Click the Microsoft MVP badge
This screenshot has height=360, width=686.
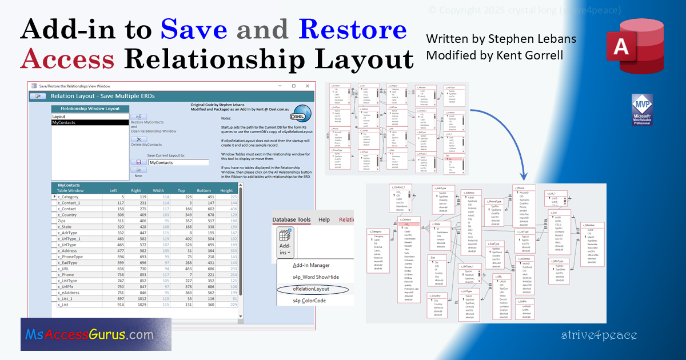(x=641, y=110)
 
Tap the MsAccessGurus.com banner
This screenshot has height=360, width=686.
(x=95, y=334)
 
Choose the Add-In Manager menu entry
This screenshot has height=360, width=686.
(x=311, y=265)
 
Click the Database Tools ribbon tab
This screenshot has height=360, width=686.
(x=291, y=219)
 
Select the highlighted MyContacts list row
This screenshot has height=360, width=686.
(x=89, y=122)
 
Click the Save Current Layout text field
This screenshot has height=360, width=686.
(x=178, y=162)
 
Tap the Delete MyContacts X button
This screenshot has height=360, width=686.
(x=138, y=139)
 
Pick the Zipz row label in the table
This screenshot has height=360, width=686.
(x=62, y=220)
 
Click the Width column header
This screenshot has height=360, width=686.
(x=158, y=191)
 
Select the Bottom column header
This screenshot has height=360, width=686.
(x=204, y=191)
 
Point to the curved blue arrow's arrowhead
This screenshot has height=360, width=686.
(x=523, y=178)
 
